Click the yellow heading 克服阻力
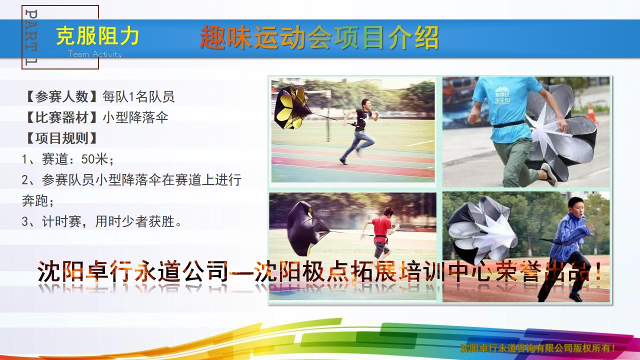click(97, 36)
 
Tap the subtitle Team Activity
click(95, 54)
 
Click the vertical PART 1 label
click(31, 37)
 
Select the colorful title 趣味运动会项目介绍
click(319, 37)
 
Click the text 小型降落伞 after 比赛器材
click(135, 117)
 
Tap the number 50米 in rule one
click(94, 159)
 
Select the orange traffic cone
click(591, 114)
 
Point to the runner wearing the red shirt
click(380, 233)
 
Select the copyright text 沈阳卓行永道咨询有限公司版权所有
click(537, 348)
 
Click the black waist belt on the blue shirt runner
click(509, 124)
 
